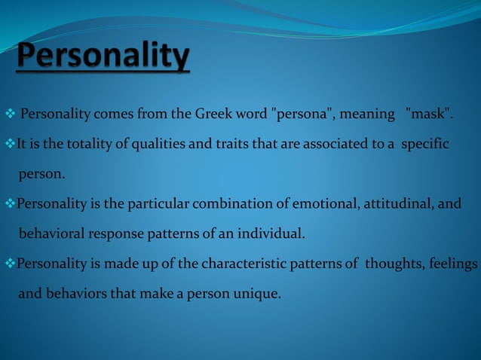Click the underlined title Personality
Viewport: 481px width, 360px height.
[103, 58]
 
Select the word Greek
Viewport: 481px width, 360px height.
[214, 114]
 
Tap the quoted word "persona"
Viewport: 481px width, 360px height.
[302, 114]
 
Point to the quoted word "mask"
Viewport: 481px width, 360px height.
[429, 114]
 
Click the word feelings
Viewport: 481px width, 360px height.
[453, 264]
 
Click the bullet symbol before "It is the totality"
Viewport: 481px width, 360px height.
[10, 145]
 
